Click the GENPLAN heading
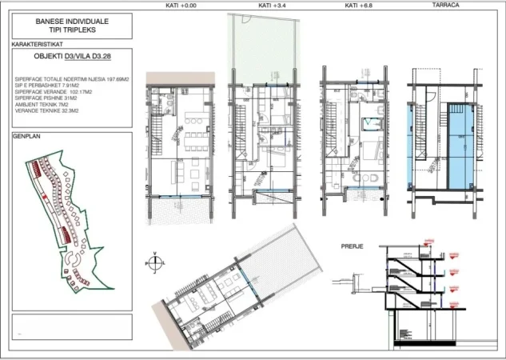(x=26, y=137)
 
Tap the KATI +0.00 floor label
(x=185, y=6)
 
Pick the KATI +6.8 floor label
(x=353, y=6)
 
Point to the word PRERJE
(x=353, y=246)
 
